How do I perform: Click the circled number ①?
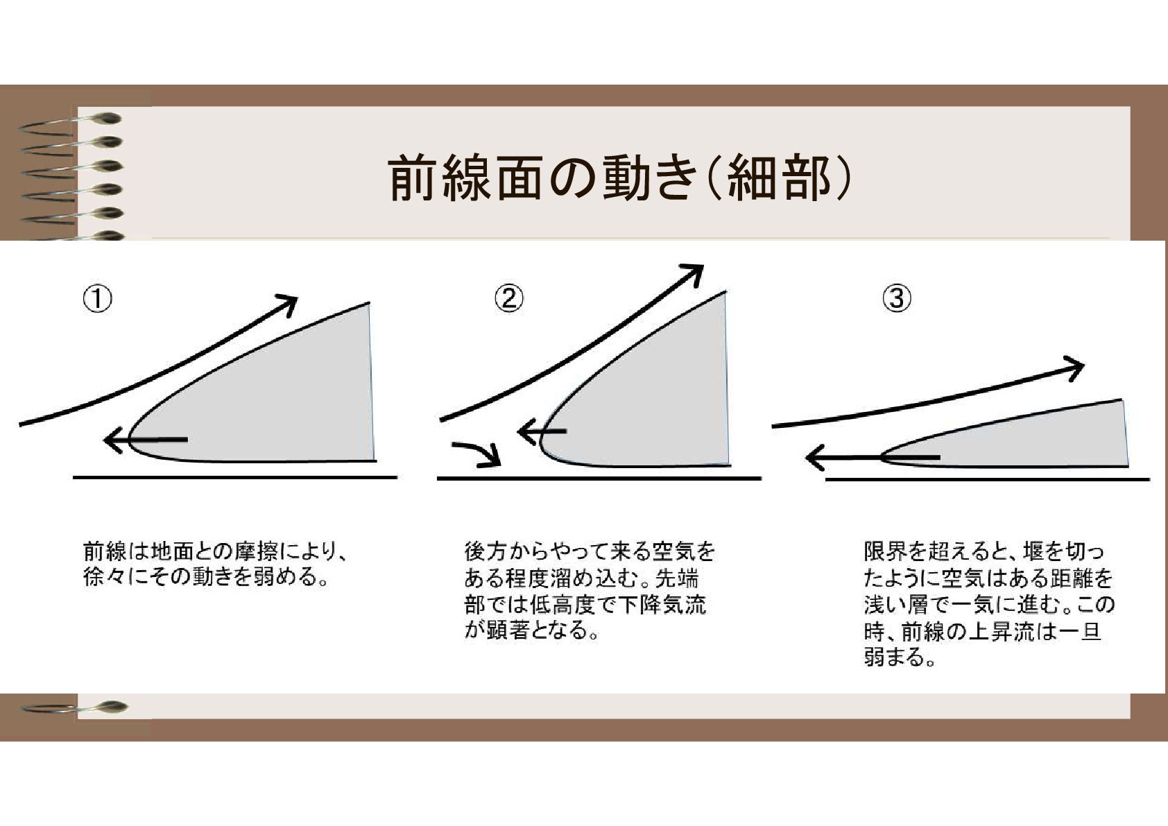(98, 300)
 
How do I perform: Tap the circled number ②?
(509, 299)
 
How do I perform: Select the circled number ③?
(897, 299)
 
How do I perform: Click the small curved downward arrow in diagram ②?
(479, 453)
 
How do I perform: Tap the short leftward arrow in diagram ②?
(542, 431)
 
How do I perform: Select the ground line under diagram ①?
(235, 476)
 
